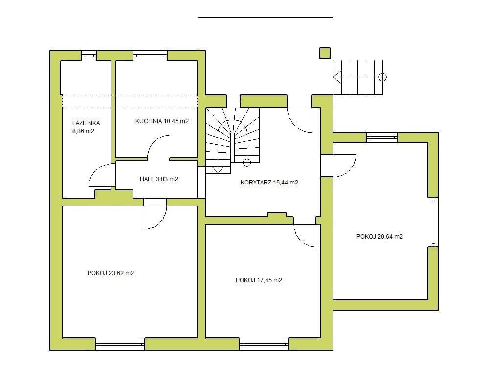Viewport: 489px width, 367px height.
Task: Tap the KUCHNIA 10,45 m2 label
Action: point(162,121)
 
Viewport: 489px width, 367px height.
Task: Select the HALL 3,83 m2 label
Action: point(159,179)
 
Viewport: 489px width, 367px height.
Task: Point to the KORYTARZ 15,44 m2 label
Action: point(269,182)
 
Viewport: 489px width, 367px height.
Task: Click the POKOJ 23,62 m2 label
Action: point(111,273)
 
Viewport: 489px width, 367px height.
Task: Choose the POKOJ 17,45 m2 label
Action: point(259,280)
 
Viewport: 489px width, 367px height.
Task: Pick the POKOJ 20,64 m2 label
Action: point(379,236)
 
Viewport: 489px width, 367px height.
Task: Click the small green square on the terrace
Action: point(325,53)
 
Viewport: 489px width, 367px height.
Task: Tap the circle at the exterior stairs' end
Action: point(382,77)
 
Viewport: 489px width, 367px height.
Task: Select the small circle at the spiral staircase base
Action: point(246,162)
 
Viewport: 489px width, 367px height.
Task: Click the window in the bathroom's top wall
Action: point(89,56)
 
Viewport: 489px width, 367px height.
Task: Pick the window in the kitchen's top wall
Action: point(150,56)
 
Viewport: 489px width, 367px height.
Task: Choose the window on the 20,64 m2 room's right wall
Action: point(433,222)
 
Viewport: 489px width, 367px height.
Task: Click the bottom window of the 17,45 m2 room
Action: point(264,344)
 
